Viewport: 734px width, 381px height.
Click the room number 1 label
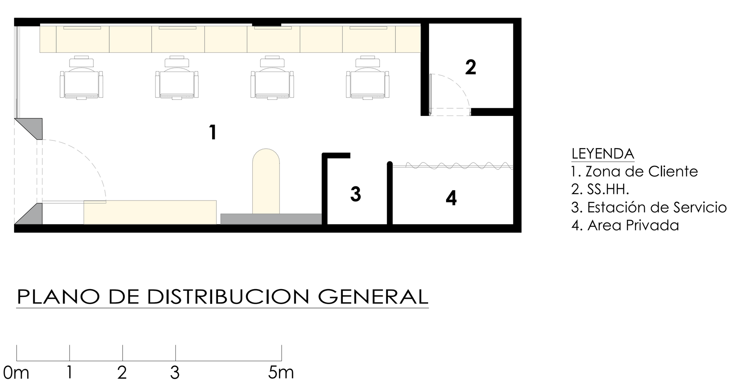tap(213, 132)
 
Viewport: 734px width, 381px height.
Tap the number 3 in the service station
tap(356, 194)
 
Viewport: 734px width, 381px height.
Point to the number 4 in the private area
tap(451, 198)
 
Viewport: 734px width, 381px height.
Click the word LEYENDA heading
tap(602, 153)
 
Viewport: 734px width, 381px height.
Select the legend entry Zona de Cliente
tap(635, 171)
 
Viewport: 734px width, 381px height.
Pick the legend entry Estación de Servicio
tap(649, 207)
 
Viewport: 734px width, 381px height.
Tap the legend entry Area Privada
tap(625, 225)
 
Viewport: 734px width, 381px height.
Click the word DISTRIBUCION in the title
tap(228, 296)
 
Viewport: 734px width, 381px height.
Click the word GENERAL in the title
tap(373, 296)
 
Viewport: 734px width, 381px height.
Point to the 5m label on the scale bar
tap(281, 372)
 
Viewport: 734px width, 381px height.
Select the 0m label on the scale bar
tap(16, 372)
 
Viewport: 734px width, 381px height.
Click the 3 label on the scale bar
tap(175, 372)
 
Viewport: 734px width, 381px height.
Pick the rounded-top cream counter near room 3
tap(266, 182)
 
